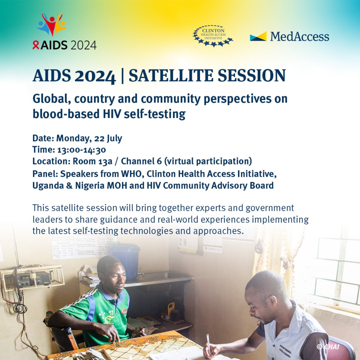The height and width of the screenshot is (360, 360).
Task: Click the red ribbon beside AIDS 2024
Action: (x=36, y=45)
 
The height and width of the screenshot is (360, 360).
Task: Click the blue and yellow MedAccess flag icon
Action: (x=258, y=36)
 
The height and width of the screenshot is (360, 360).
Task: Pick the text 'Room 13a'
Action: (x=92, y=161)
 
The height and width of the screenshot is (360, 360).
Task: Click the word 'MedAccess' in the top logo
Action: (x=299, y=37)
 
